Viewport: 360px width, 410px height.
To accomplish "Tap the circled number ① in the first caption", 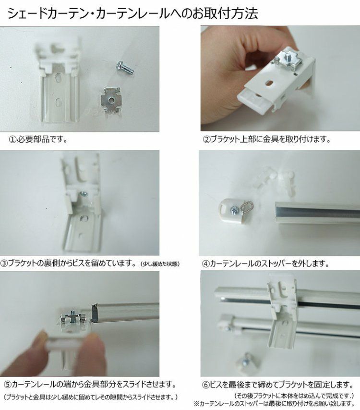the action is (13, 139).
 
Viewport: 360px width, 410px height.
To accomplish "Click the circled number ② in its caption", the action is (206, 139).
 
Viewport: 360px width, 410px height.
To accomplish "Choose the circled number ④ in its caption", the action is (206, 263).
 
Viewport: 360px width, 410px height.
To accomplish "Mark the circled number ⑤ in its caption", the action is (8, 385).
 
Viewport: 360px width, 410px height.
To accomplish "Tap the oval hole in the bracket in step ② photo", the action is (269, 83).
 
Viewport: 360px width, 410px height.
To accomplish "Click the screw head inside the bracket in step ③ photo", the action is (84, 194).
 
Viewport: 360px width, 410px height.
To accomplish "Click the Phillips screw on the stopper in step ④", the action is (234, 209).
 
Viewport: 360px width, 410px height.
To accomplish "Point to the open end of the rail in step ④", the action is (277, 213).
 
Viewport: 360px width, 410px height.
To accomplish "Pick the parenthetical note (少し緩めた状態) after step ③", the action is (160, 264).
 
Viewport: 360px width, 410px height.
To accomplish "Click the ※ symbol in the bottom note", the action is (196, 403).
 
